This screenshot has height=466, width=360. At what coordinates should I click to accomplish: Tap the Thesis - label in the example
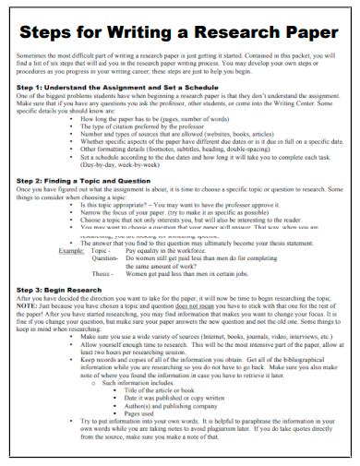pyautogui.click(x=103, y=273)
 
